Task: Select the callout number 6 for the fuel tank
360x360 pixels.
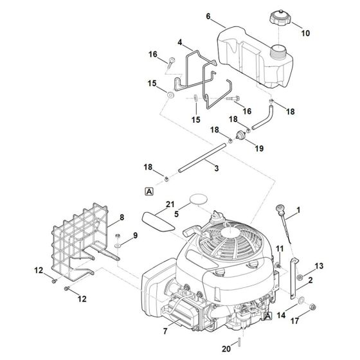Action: [x=208, y=15]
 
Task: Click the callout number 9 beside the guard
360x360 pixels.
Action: [x=135, y=236]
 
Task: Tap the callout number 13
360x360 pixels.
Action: [x=319, y=265]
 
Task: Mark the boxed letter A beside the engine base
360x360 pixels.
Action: [x=267, y=316]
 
